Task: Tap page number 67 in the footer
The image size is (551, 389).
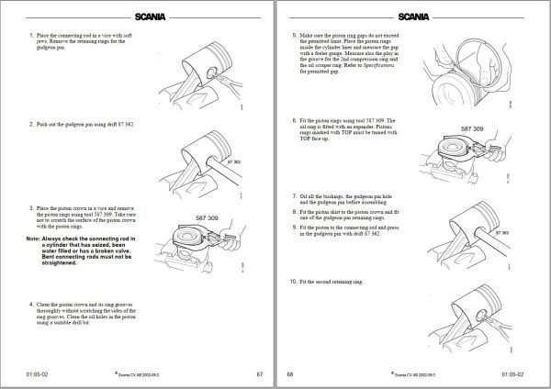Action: click(x=260, y=374)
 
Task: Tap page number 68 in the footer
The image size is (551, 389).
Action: click(x=290, y=374)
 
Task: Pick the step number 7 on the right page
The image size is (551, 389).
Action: click(x=293, y=196)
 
